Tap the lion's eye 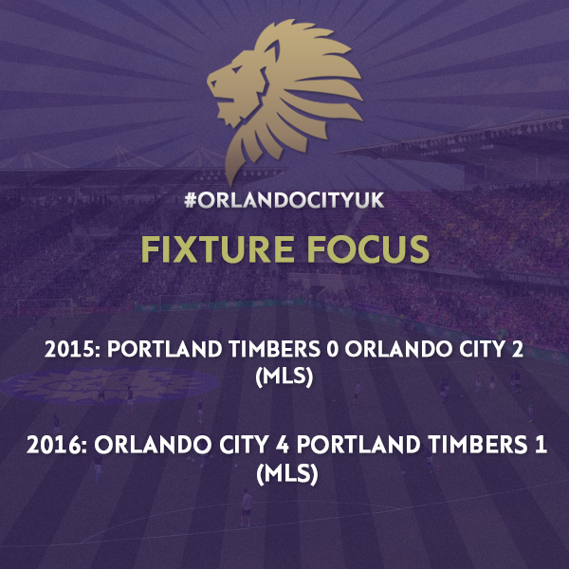pos(236,69)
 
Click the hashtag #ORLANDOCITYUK pos(284,201)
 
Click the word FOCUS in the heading pos(368,248)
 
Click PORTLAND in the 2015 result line pos(164,349)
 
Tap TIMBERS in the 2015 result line pos(275,349)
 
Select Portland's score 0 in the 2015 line pos(333,349)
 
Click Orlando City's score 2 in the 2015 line pos(518,349)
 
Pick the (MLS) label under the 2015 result pos(284,377)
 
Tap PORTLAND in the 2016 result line pos(358,446)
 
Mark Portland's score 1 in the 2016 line pos(541,446)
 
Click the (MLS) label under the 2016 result pos(287,474)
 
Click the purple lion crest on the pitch pos(110,385)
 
